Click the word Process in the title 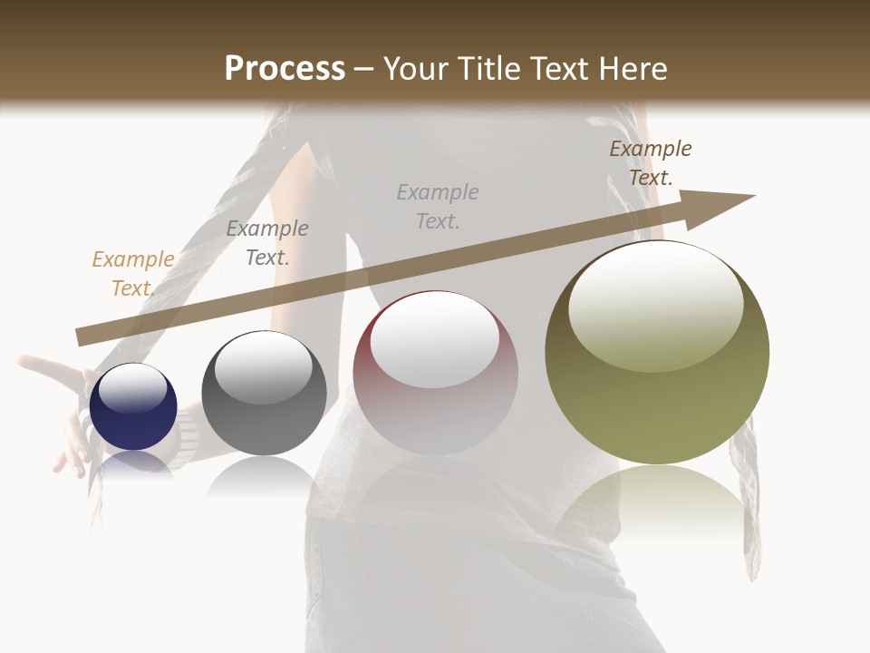tap(285, 69)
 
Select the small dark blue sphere tap(133, 407)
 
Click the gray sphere tap(264, 394)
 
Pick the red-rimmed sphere tap(435, 374)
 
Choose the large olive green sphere tap(657, 353)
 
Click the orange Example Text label tap(132, 274)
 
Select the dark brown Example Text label tap(650, 163)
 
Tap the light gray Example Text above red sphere tap(438, 206)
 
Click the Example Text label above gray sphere tap(266, 243)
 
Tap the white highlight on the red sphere tap(434, 338)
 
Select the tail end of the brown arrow tap(83, 336)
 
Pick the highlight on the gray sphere tap(263, 367)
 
